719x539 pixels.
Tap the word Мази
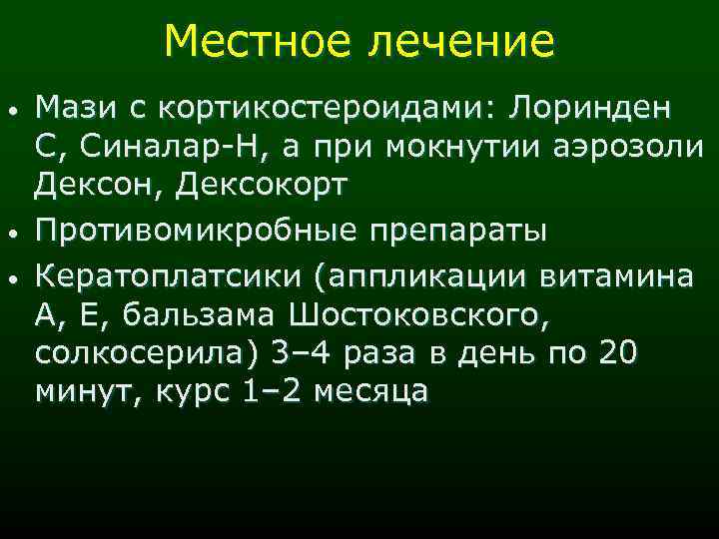72,107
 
